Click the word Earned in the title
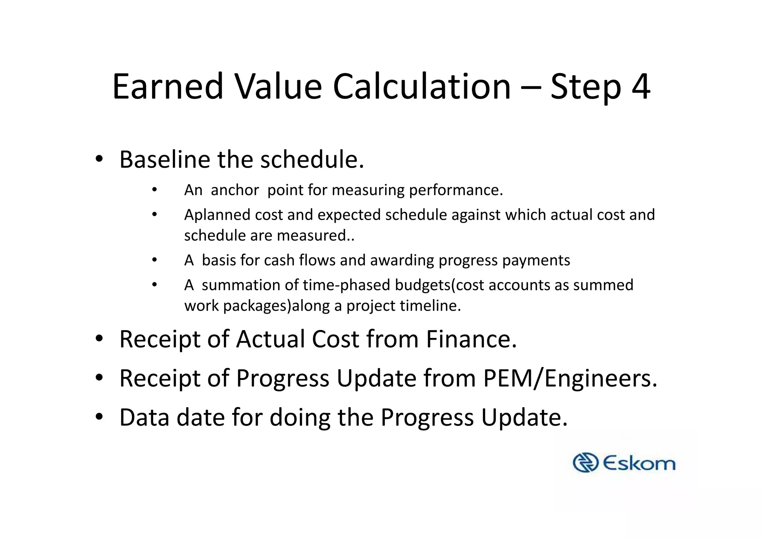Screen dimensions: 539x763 pyautogui.click(x=168, y=87)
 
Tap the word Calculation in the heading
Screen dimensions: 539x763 pyautogui.click(x=421, y=87)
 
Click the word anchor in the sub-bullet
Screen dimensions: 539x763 pyautogui.click(x=235, y=190)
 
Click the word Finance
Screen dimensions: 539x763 pyautogui.click(x=471, y=339)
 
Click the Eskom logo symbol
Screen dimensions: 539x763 pyautogui.click(x=585, y=463)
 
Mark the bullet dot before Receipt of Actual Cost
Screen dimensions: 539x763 pyautogui.click(x=99, y=339)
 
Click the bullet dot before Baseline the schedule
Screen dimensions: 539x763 pyautogui.click(x=99, y=159)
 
